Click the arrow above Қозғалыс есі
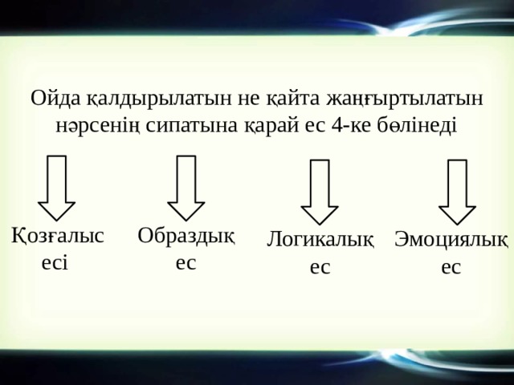[57, 187]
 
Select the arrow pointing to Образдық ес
[186, 187]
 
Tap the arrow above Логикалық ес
[320, 192]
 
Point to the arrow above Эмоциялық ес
[457, 192]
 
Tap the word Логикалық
[320, 240]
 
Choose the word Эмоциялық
[451, 240]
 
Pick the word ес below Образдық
[186, 262]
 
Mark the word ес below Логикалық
[320, 267]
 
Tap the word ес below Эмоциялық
[451, 267]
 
